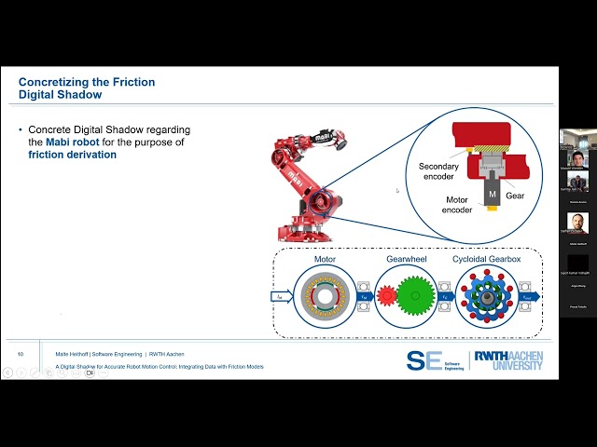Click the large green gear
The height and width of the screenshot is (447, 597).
point(415,296)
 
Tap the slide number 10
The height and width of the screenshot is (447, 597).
point(21,354)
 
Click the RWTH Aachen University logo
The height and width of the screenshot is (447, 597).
point(508,360)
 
